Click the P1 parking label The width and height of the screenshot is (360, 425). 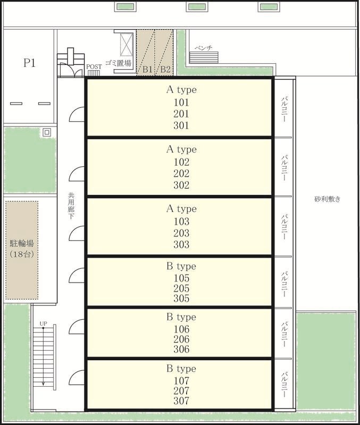[29, 63]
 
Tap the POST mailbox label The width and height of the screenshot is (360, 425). [94, 67]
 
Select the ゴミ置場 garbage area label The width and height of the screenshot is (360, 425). [118, 63]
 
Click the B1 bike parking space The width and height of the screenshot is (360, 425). [146, 53]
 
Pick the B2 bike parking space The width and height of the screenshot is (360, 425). [164, 53]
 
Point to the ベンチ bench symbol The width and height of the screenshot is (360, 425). [204, 57]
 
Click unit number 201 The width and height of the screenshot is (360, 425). [181, 114]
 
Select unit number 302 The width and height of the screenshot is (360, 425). [181, 185]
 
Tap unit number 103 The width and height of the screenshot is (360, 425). [181, 222]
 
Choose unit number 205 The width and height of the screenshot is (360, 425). [181, 288]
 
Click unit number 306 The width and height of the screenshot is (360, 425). [181, 349]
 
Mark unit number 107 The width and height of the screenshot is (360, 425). [181, 380]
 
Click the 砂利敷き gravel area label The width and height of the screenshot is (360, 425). [327, 199]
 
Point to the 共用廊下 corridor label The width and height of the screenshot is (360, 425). [71, 206]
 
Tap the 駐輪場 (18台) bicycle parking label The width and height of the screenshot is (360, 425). [22, 249]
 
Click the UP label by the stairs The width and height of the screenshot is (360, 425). [44, 324]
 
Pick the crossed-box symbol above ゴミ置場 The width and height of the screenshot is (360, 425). [127, 45]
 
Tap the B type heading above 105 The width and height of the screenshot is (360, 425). [181, 266]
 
